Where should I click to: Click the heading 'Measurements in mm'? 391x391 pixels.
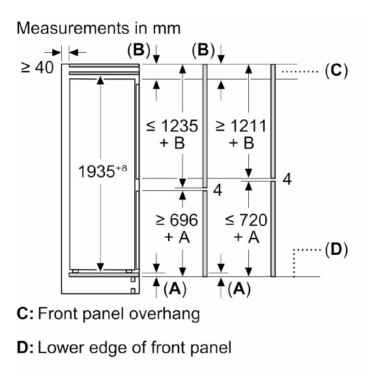tap(99, 29)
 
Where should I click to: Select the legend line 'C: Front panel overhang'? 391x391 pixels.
tap(108, 314)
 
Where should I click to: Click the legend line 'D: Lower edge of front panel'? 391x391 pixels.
tap(124, 347)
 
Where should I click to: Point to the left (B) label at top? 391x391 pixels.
tap(138, 50)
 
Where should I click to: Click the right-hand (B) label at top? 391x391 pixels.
tap(203, 50)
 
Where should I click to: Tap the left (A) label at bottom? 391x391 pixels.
tap(175, 289)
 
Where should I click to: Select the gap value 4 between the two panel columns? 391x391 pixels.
tap(218, 191)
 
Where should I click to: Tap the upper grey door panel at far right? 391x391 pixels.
tap(274, 121)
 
